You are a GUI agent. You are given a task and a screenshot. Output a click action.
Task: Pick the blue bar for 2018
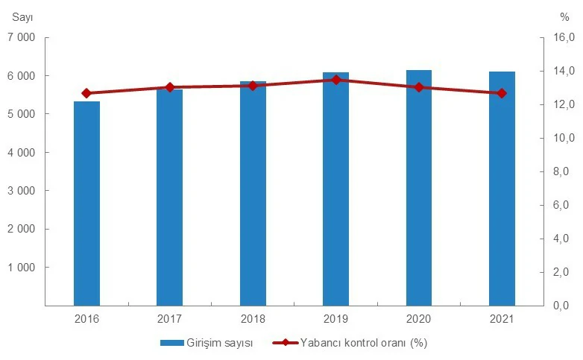point(253,193)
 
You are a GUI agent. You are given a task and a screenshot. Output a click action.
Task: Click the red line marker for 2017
point(170,87)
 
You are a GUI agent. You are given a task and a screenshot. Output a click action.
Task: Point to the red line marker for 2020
point(419,87)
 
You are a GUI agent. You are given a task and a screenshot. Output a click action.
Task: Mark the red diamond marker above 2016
point(86,93)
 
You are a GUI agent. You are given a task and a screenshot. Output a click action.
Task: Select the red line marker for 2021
point(502,93)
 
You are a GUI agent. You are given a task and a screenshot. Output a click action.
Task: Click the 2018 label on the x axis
point(253,318)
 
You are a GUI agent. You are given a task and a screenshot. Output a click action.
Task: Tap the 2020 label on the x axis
point(419,318)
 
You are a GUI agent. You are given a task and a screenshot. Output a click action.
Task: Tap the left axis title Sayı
point(22,14)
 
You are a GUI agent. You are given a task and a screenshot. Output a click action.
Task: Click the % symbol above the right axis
point(564,14)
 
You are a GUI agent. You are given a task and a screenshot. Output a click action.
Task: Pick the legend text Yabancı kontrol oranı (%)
point(364,343)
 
